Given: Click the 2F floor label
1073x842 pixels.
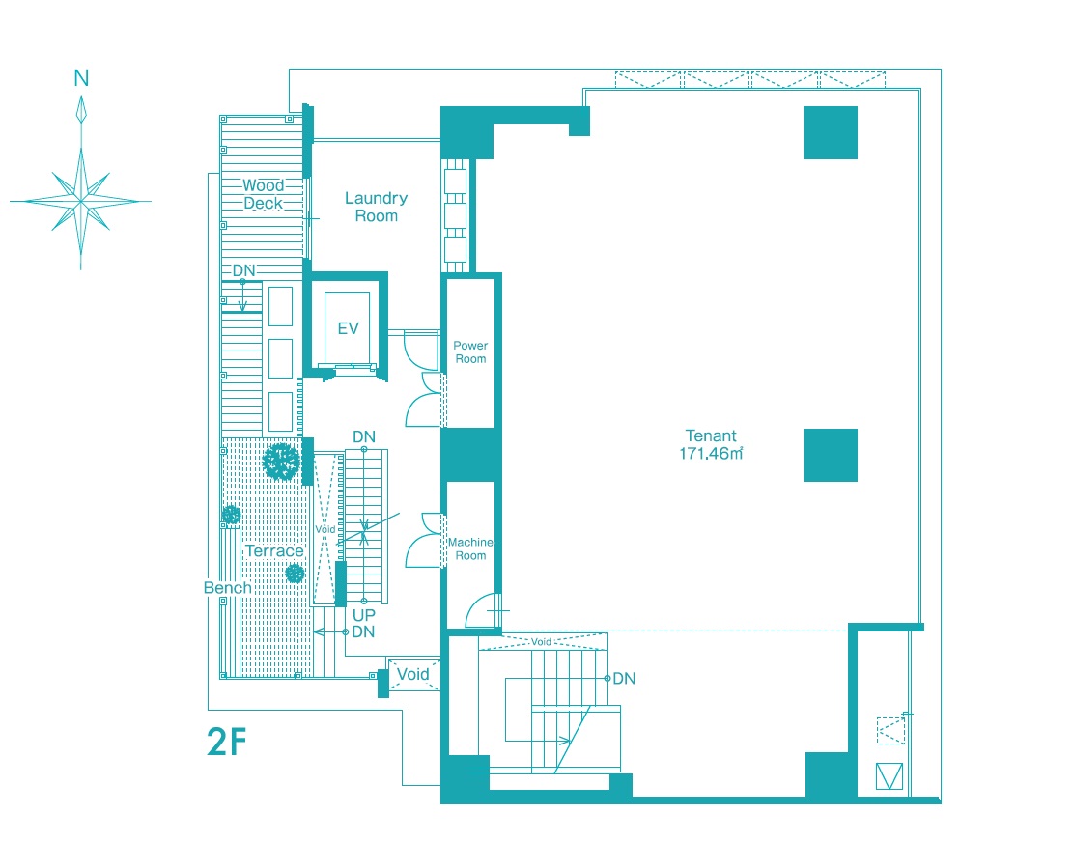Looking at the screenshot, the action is [x=227, y=742].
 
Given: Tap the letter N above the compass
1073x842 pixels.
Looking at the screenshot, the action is [x=81, y=78].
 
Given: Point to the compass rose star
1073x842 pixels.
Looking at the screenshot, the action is [x=81, y=201].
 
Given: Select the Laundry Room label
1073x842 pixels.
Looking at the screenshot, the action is [x=376, y=207].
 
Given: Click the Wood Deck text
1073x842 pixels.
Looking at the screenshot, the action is [x=264, y=194].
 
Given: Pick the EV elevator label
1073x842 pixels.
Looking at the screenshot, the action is [x=349, y=328].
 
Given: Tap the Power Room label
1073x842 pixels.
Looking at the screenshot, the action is [x=470, y=351].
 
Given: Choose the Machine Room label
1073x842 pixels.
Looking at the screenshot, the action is [x=470, y=548].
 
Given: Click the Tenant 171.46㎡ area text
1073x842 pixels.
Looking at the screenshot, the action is [x=711, y=444].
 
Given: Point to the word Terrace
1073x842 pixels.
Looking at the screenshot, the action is [x=274, y=550].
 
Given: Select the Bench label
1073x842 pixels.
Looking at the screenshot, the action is [x=227, y=587].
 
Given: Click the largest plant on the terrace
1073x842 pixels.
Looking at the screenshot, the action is [x=281, y=462].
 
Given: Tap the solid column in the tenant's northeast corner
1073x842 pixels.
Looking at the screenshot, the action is [x=830, y=132].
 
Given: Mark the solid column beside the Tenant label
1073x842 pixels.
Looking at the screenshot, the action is [x=830, y=455].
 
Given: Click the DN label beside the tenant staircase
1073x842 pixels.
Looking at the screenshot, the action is [x=624, y=679].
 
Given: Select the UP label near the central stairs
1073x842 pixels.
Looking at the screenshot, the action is [x=364, y=615].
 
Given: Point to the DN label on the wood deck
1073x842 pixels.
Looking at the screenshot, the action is [x=243, y=270].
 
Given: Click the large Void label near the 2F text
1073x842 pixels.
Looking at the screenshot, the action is [x=412, y=674].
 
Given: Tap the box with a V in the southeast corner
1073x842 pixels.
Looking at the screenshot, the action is [x=889, y=776].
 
